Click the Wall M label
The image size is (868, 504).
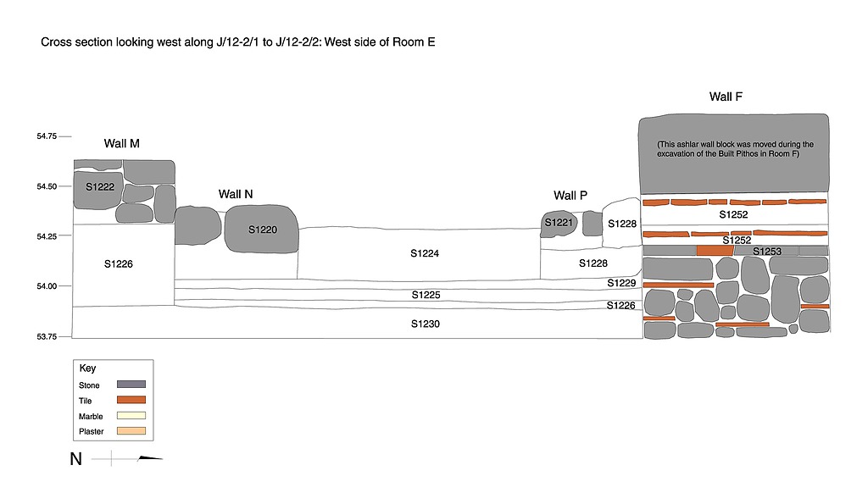pyautogui.click(x=122, y=143)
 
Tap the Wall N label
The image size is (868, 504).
pyautogui.click(x=236, y=194)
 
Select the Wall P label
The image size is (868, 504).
pyautogui.click(x=570, y=196)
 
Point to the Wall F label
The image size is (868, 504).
pyautogui.click(x=726, y=97)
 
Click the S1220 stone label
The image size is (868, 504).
pyautogui.click(x=262, y=229)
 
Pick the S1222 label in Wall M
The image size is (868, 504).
pyautogui.click(x=100, y=186)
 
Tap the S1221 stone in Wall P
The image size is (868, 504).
pyautogui.click(x=559, y=223)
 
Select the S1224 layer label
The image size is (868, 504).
pyautogui.click(x=426, y=253)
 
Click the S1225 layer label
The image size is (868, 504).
pyautogui.click(x=426, y=295)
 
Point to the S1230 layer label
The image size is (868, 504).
pyautogui.click(x=426, y=324)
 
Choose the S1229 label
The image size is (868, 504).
pyautogui.click(x=620, y=282)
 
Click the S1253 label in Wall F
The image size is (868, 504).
pyautogui.click(x=767, y=252)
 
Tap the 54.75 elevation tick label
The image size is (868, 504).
pyautogui.click(x=47, y=136)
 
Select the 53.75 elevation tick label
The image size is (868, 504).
pyautogui.click(x=47, y=336)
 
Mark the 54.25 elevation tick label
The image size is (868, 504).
pyautogui.click(x=47, y=236)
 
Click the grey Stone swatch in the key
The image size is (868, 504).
pyautogui.click(x=131, y=385)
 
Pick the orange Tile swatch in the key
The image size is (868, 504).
pyautogui.click(x=131, y=400)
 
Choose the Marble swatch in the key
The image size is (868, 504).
pyautogui.click(x=131, y=415)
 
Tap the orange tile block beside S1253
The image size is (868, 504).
pyautogui.click(x=714, y=251)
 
